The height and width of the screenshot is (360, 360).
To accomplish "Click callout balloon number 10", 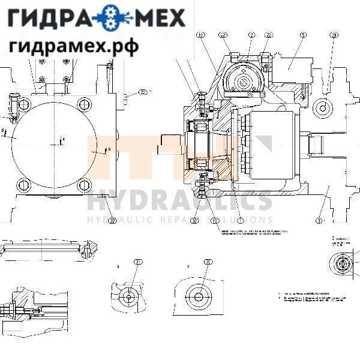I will [x=200, y=35].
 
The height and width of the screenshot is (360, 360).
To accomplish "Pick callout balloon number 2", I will [x=252, y=35].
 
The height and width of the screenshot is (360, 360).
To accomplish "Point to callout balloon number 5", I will [x=304, y=35].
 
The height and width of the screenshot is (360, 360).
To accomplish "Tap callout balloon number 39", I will [x=334, y=35].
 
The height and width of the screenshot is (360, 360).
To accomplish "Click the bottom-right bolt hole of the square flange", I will [x=84, y=185].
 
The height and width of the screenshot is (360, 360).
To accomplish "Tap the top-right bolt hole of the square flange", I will [x=84, y=104].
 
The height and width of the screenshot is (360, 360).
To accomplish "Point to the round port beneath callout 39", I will [x=324, y=108].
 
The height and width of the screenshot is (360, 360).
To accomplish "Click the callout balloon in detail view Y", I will [x=208, y=262].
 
